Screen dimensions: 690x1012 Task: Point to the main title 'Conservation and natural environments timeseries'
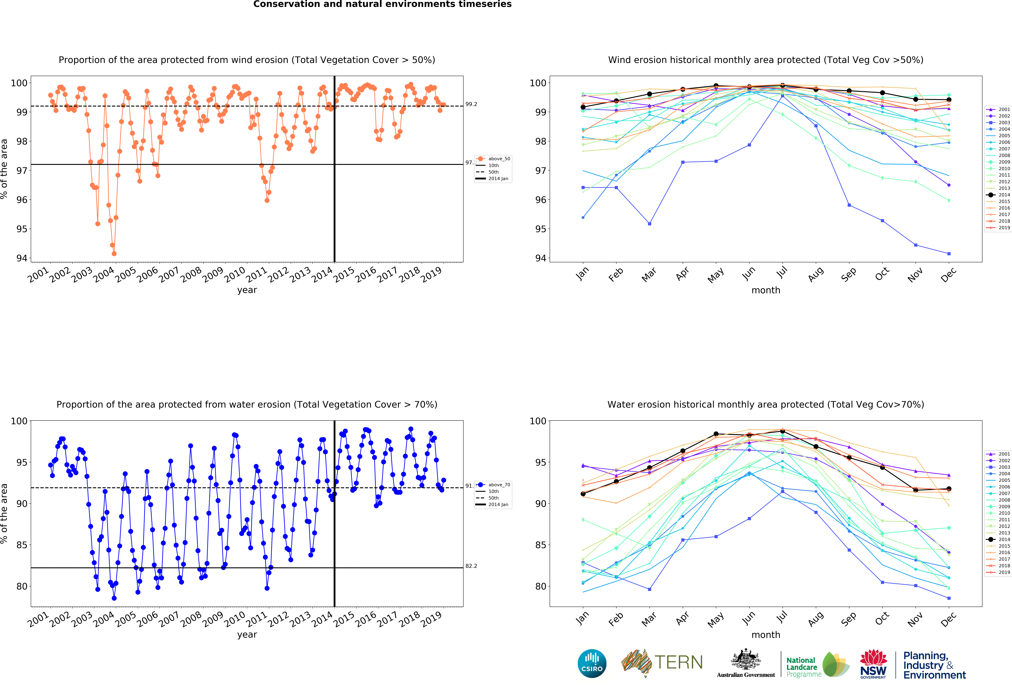(382, 4)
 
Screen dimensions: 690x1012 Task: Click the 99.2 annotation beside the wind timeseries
(471, 104)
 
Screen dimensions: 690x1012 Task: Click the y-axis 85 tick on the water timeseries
(22, 545)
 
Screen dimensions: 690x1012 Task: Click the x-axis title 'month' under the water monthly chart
(766, 635)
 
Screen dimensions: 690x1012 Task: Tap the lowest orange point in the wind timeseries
(114, 254)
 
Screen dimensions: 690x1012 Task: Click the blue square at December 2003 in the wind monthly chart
(949, 254)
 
